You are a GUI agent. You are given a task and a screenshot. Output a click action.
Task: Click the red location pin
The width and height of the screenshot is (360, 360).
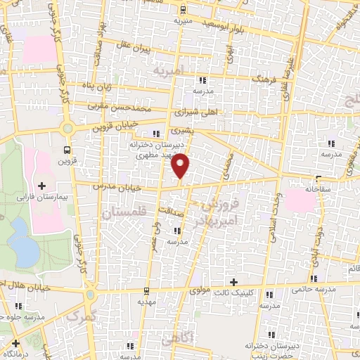click(x=181, y=164)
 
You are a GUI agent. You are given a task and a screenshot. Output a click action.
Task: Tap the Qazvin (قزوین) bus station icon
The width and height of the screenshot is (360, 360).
click(x=67, y=150)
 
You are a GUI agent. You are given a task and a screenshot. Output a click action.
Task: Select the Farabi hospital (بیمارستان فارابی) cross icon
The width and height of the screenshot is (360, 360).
click(x=41, y=186)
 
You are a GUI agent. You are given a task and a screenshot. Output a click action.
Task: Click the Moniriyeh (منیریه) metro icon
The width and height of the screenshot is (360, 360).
click(x=184, y=9)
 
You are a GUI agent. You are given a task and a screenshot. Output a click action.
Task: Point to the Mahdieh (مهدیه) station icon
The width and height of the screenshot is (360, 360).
click(x=146, y=290)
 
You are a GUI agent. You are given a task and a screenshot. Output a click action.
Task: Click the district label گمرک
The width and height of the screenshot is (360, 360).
click(x=79, y=317)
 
